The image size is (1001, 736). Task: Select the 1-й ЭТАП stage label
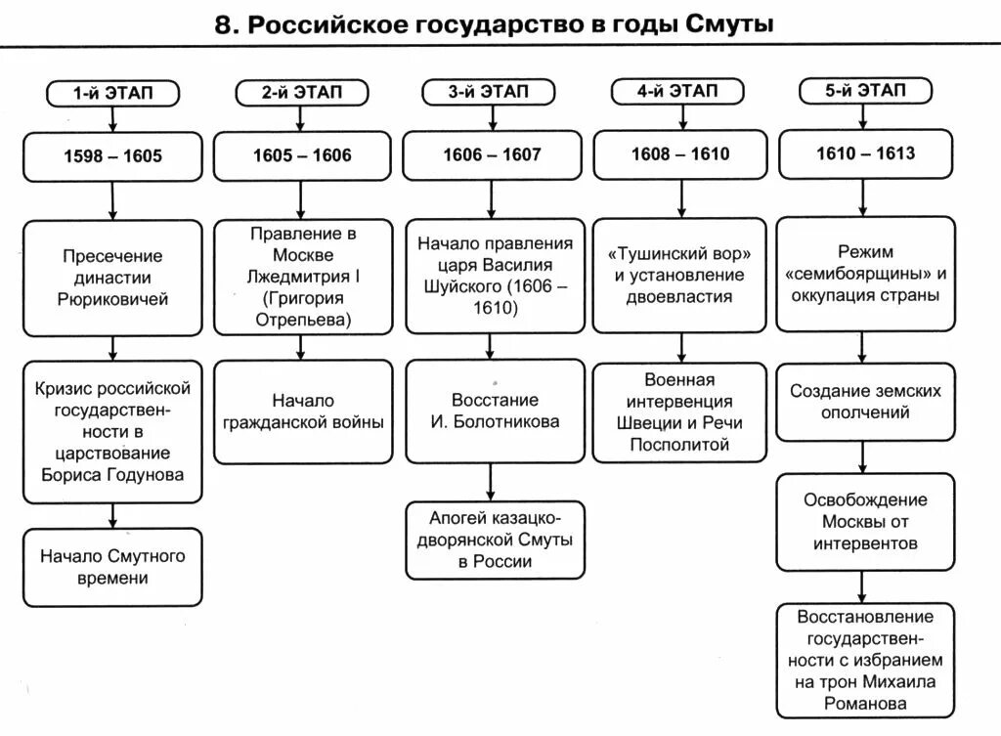pyautogui.click(x=114, y=93)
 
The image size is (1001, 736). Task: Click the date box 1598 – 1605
pyautogui.click(x=113, y=155)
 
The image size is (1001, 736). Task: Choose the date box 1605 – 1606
pyautogui.click(x=302, y=155)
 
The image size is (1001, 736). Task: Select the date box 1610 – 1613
pyautogui.click(x=865, y=153)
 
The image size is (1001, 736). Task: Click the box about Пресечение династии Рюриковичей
pyautogui.click(x=113, y=277)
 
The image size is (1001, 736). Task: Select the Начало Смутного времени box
pyautogui.click(x=113, y=567)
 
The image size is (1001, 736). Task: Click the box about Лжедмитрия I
pyautogui.click(x=302, y=277)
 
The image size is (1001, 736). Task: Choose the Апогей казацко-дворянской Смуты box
pyautogui.click(x=494, y=539)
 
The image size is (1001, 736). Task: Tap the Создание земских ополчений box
pyautogui.click(x=865, y=402)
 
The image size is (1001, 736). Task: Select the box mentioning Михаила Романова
pyautogui.click(x=865, y=660)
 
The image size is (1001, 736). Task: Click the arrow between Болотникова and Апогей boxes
pyautogui.click(x=493, y=482)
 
